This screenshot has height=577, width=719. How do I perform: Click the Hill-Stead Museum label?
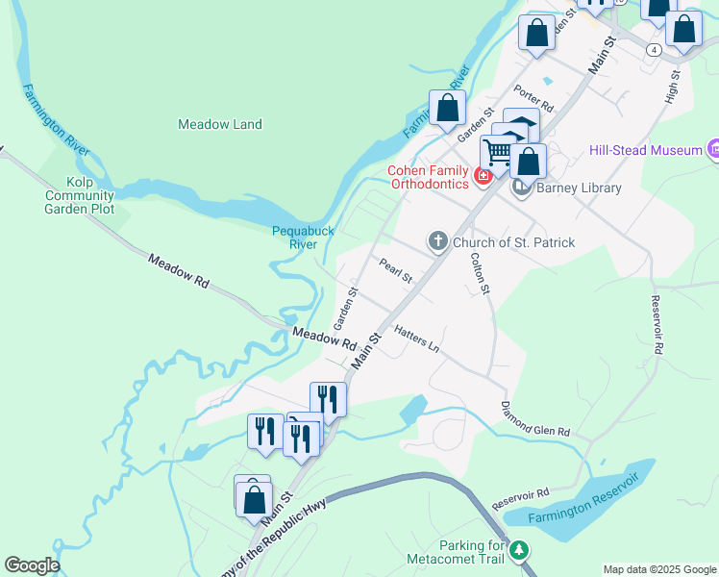pyautogui.click(x=645, y=150)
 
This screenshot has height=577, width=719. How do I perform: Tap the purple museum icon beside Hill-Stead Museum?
pyautogui.click(x=714, y=149)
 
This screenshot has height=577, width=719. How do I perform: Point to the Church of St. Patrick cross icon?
pyautogui.click(x=437, y=241)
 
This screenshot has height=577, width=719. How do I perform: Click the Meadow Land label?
pyautogui.click(x=220, y=124)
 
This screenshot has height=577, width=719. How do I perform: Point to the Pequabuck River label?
pyautogui.click(x=302, y=237)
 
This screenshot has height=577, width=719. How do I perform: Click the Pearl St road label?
pyautogui.click(x=395, y=271)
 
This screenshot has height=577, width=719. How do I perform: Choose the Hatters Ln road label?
pyautogui.click(x=416, y=337)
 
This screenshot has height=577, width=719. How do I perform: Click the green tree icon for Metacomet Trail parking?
pyautogui.click(x=519, y=550)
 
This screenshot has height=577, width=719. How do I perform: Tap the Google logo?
pyautogui.click(x=32, y=565)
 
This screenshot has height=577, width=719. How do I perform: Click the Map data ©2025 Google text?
pyautogui.click(x=658, y=569)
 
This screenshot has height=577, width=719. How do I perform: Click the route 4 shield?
pyautogui.click(x=653, y=49)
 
